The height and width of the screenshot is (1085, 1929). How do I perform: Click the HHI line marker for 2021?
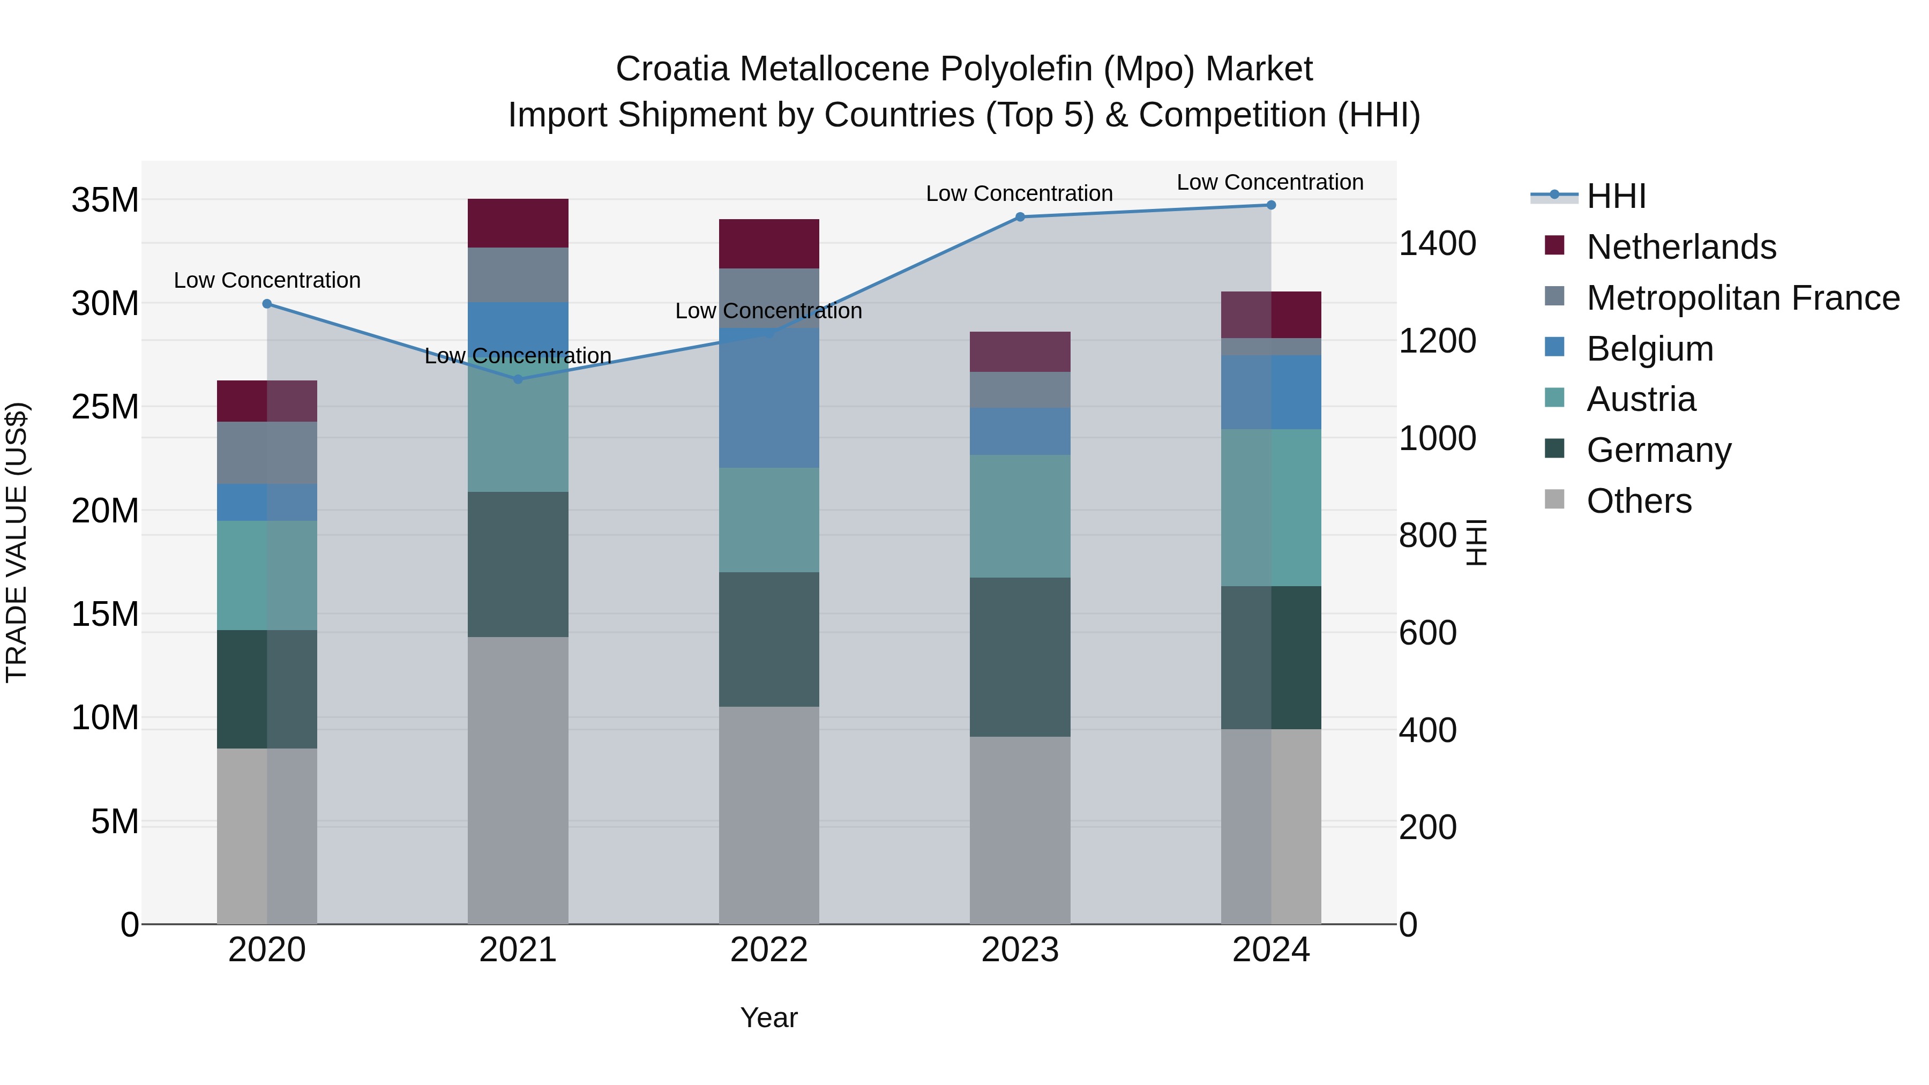point(518,380)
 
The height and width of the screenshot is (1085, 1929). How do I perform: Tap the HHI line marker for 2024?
point(1271,205)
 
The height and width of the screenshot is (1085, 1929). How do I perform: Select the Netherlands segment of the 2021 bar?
point(518,223)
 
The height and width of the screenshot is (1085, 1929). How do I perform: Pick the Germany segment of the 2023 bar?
point(1020,657)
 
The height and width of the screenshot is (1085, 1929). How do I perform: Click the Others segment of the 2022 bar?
point(769,814)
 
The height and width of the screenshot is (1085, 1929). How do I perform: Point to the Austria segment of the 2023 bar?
point(1020,516)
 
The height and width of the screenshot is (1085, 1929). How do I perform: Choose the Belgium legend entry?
point(1650,349)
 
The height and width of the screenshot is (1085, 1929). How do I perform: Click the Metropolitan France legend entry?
point(1743,298)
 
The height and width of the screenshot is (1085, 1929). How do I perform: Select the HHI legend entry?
point(1616,196)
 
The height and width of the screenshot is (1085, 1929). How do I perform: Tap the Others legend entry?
point(1639,501)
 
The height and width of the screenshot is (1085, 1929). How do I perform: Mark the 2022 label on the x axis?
point(769,950)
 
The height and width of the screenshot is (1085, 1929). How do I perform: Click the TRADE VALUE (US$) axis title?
point(17,542)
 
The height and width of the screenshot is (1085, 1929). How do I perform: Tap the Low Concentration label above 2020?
point(267,280)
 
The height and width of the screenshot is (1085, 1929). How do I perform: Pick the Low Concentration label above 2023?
point(1019,193)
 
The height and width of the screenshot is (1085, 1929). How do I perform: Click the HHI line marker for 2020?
point(267,304)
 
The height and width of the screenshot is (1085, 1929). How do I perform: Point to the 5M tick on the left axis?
point(115,822)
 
